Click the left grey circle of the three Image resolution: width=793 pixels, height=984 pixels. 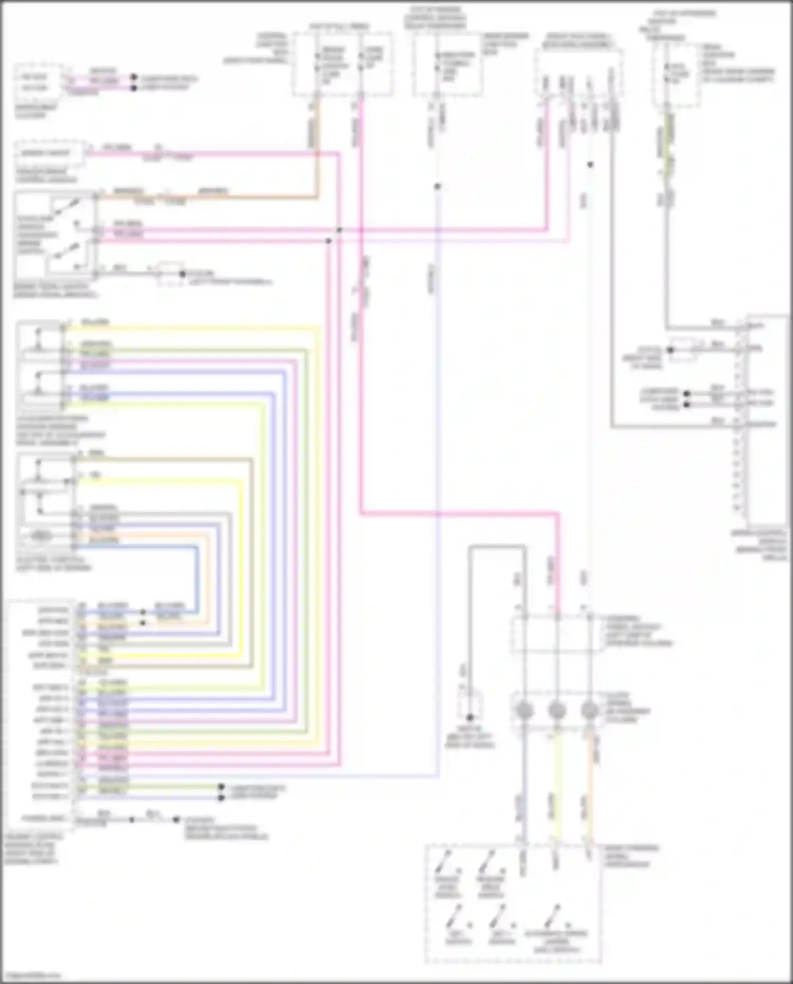coord(524,711)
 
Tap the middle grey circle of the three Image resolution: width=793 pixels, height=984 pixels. coord(557,711)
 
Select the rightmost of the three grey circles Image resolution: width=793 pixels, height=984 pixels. coord(589,711)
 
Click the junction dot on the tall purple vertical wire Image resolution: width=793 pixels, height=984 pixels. coord(437,187)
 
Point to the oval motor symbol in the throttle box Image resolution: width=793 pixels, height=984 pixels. coord(41,536)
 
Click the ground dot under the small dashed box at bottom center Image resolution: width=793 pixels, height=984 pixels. coord(469,718)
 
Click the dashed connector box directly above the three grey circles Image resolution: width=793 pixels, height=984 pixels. coord(557,633)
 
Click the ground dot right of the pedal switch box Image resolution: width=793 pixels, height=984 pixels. coord(182,274)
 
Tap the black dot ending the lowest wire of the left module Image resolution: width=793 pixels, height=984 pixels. coord(176,820)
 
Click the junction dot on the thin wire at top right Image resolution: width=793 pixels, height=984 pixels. coord(590,165)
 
